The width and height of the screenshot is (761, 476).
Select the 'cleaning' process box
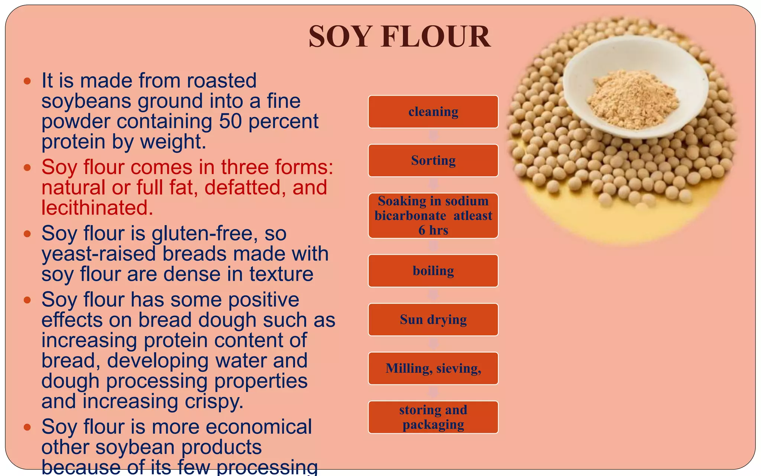(x=433, y=112)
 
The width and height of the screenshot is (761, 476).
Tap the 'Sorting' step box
(x=433, y=160)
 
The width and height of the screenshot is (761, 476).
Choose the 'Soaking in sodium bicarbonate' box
(x=433, y=216)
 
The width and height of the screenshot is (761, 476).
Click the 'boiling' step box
(x=433, y=271)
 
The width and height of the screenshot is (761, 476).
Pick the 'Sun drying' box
(x=433, y=319)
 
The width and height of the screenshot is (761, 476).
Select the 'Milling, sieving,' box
(x=433, y=368)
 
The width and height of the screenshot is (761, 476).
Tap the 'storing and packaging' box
(x=433, y=417)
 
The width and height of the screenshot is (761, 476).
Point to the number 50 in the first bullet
(x=230, y=121)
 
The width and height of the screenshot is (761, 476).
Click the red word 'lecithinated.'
(x=97, y=208)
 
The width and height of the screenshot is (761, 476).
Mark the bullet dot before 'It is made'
(x=27, y=81)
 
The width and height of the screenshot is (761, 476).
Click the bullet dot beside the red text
(x=27, y=168)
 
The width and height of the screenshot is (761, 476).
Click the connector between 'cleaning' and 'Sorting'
(x=433, y=136)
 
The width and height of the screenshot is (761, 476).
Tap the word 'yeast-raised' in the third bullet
(x=99, y=254)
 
